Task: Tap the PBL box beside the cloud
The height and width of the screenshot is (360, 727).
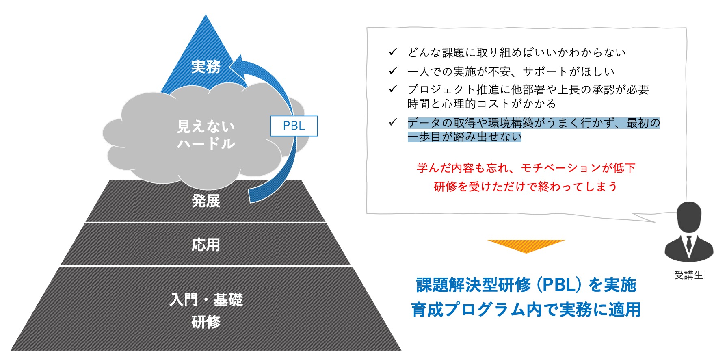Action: point(294,126)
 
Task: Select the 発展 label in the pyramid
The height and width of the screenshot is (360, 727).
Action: point(206,201)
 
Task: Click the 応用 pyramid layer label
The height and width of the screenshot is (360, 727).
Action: point(206,245)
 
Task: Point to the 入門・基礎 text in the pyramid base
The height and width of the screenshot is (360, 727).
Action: point(206,300)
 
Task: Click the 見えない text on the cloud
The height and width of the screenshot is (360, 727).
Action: point(206,126)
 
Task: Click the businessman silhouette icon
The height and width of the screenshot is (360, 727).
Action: point(689,232)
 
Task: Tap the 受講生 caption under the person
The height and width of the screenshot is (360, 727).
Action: point(688,275)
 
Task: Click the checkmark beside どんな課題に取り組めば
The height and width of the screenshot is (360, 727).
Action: point(393,52)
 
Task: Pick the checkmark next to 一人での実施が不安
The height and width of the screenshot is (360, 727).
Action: point(393,71)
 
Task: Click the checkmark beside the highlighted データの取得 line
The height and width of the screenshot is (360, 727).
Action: point(393,122)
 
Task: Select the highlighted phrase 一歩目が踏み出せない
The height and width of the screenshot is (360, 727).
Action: point(465,137)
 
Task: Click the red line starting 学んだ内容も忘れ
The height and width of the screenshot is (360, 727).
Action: point(526,168)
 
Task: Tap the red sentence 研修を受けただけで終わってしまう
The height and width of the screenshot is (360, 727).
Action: point(526,187)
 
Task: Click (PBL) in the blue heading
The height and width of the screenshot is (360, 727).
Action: point(560,285)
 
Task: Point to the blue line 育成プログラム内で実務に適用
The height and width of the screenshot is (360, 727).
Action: point(526,310)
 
